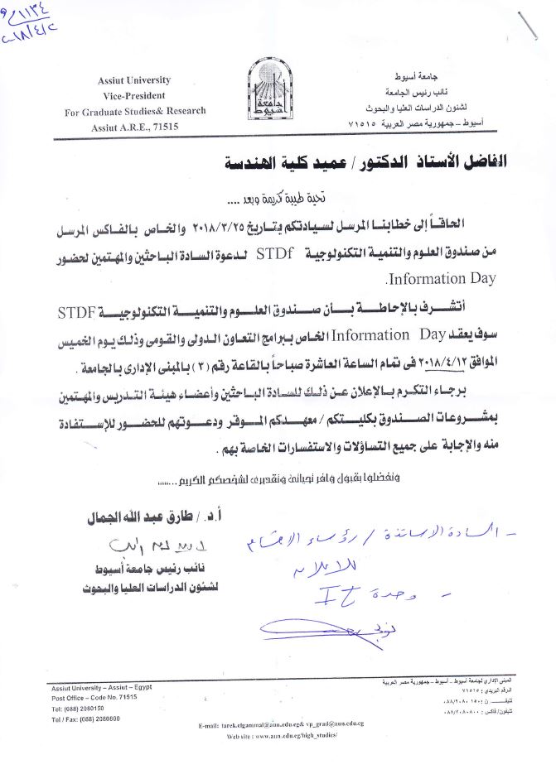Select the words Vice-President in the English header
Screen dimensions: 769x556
[133, 96]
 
